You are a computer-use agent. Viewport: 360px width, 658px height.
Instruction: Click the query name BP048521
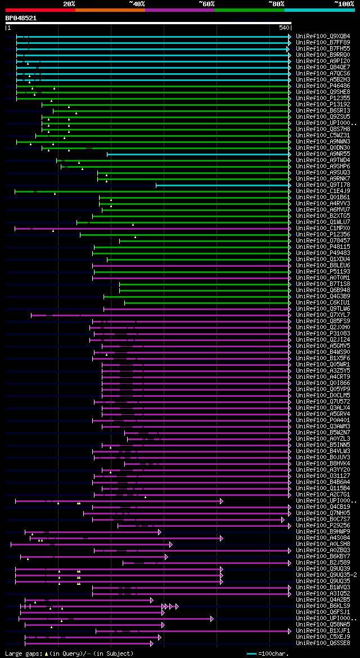21,18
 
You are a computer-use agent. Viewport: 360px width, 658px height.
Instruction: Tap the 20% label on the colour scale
69,4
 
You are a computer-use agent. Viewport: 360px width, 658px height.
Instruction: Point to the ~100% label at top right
343,4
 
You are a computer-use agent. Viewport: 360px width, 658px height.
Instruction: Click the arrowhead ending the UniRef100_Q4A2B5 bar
151,600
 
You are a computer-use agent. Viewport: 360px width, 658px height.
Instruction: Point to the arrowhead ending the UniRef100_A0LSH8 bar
170,544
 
